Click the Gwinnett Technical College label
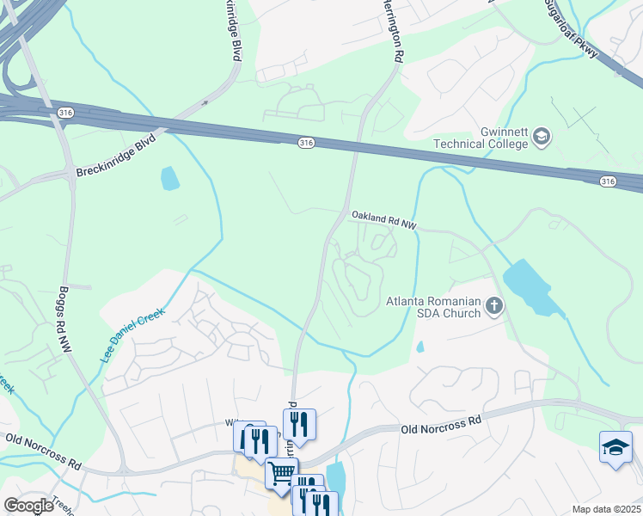481,137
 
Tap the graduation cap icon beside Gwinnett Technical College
542,136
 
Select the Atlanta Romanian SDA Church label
434,306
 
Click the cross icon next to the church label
493,305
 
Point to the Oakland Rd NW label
383,220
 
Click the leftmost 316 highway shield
65,113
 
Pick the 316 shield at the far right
608,181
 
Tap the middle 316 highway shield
304,142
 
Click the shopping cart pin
281,473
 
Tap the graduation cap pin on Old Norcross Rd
615,447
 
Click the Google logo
29,505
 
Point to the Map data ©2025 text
605,509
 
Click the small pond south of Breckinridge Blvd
170,178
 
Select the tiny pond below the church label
419,347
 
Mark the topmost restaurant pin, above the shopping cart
299,423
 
